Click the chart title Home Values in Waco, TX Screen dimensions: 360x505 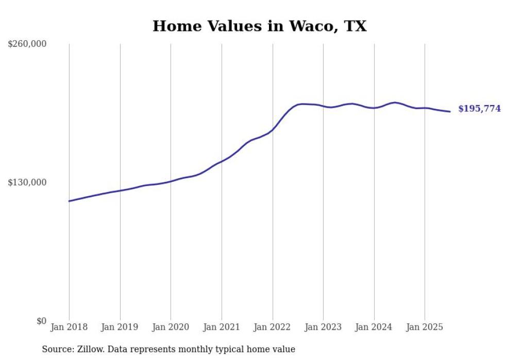[x=259, y=26]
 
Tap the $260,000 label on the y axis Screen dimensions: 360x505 [x=27, y=44]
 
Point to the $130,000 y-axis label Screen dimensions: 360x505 [x=27, y=183]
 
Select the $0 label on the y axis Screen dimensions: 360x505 [x=41, y=321]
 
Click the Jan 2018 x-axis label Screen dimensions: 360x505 [x=69, y=327]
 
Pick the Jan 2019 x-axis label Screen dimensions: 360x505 [x=120, y=327]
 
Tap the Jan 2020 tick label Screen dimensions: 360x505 [x=171, y=327]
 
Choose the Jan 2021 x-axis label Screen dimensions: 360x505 [x=222, y=327]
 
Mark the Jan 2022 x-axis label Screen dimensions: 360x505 [x=273, y=327]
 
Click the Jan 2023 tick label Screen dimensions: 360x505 [x=323, y=327]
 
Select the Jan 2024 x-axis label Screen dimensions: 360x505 [x=374, y=327]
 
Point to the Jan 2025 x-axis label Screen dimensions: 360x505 [x=425, y=327]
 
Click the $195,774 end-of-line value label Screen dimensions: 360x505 [x=479, y=109]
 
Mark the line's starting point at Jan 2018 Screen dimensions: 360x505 [x=69, y=201]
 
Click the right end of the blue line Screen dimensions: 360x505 [x=450, y=112]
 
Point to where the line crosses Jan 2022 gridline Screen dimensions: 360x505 [x=273, y=130]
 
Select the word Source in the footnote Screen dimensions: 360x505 [x=56, y=349]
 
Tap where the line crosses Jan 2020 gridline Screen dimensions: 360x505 [x=171, y=181]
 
